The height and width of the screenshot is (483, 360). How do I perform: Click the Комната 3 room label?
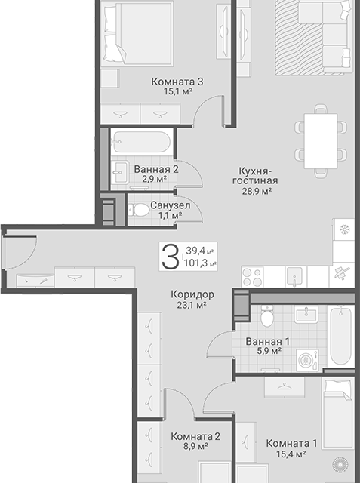[177, 82]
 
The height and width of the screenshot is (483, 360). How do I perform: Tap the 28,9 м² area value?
[257, 191]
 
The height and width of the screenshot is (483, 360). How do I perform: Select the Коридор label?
[192, 294]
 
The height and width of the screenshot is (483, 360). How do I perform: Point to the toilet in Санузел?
[139, 210]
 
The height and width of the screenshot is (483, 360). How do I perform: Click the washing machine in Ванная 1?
[307, 360]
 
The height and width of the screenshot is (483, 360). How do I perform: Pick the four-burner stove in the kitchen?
[252, 277]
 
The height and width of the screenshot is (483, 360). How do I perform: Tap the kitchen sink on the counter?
[294, 276]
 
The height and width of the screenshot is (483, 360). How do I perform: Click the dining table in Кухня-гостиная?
[321, 141]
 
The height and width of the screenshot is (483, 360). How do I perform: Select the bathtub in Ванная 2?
[141, 142]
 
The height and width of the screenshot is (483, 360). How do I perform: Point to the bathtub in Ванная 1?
[341, 335]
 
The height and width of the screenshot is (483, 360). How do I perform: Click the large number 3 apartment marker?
[171, 257]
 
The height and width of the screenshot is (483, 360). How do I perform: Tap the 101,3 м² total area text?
[200, 263]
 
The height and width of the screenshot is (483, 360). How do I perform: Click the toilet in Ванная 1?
[266, 315]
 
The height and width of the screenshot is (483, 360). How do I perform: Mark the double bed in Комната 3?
[137, 33]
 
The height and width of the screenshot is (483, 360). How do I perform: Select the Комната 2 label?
[195, 436]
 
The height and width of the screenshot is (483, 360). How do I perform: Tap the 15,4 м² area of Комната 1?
[291, 454]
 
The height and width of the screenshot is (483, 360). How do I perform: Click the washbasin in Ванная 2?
[121, 172]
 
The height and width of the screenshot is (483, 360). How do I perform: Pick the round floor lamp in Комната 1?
[340, 465]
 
